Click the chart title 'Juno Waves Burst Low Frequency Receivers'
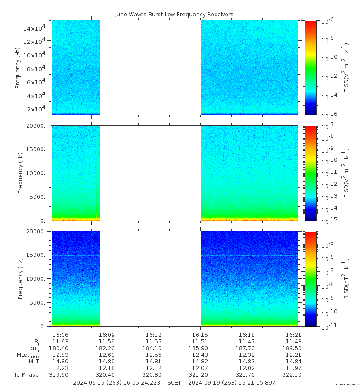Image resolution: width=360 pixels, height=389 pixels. (174, 15)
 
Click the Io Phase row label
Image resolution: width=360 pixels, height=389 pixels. (27, 375)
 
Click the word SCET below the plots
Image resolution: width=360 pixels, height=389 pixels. (174, 382)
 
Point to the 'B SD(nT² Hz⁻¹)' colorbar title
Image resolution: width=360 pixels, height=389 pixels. (347, 278)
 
